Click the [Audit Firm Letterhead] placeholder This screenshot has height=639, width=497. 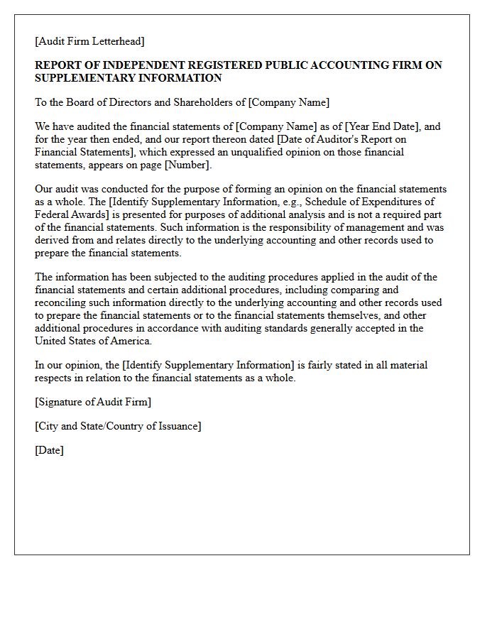(89, 41)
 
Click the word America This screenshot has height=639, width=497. (130, 341)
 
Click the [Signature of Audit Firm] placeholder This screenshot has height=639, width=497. (93, 402)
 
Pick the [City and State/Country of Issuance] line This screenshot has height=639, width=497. (118, 426)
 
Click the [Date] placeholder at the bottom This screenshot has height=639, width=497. (49, 450)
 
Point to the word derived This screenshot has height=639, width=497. (53, 240)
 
